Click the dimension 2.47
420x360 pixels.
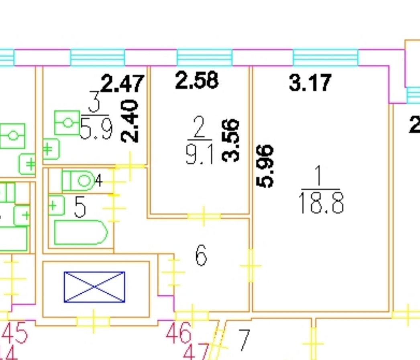122,83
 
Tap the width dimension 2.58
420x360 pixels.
197,80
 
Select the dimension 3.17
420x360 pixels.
310,82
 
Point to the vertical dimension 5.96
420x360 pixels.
265,166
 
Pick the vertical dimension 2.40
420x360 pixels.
130,121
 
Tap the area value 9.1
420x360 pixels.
200,155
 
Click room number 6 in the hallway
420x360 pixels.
201,256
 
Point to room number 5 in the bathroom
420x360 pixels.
80,208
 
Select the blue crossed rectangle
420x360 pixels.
94,286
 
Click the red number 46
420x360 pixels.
179,333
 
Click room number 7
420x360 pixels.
244,340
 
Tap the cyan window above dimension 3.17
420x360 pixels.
325,57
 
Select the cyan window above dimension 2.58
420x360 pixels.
204,57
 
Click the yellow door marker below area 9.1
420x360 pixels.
204,216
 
